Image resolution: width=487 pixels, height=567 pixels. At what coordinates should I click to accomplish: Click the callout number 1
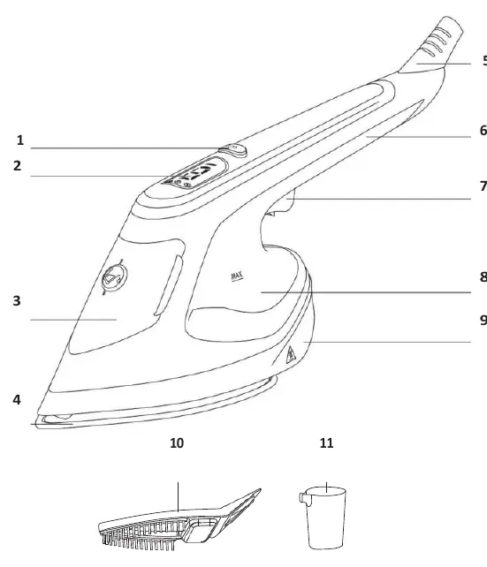point(20,140)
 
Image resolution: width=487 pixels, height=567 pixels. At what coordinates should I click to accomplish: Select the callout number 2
point(18,166)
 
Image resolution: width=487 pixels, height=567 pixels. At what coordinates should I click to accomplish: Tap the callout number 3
point(17,301)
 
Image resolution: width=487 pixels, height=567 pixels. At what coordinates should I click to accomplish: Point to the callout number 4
point(17,399)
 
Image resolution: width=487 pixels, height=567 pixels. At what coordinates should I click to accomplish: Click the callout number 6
point(483,130)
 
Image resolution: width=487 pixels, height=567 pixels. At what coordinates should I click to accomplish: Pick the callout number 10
point(177,443)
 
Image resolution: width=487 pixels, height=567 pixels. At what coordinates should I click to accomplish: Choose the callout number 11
point(327,443)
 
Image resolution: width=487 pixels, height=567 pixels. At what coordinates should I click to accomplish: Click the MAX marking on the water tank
point(237,276)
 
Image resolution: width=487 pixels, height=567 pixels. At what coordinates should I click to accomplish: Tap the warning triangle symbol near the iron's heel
point(291,355)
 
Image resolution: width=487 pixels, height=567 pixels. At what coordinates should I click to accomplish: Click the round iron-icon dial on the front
point(115,277)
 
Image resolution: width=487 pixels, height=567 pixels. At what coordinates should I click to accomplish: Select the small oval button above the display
point(233,149)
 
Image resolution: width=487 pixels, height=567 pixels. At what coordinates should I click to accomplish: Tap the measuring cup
point(323,518)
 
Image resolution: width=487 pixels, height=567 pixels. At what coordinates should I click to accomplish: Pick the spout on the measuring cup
point(303,498)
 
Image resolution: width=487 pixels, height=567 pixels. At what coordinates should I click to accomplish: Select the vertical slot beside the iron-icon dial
point(168,285)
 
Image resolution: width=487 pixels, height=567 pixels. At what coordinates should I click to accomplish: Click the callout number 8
point(483,277)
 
